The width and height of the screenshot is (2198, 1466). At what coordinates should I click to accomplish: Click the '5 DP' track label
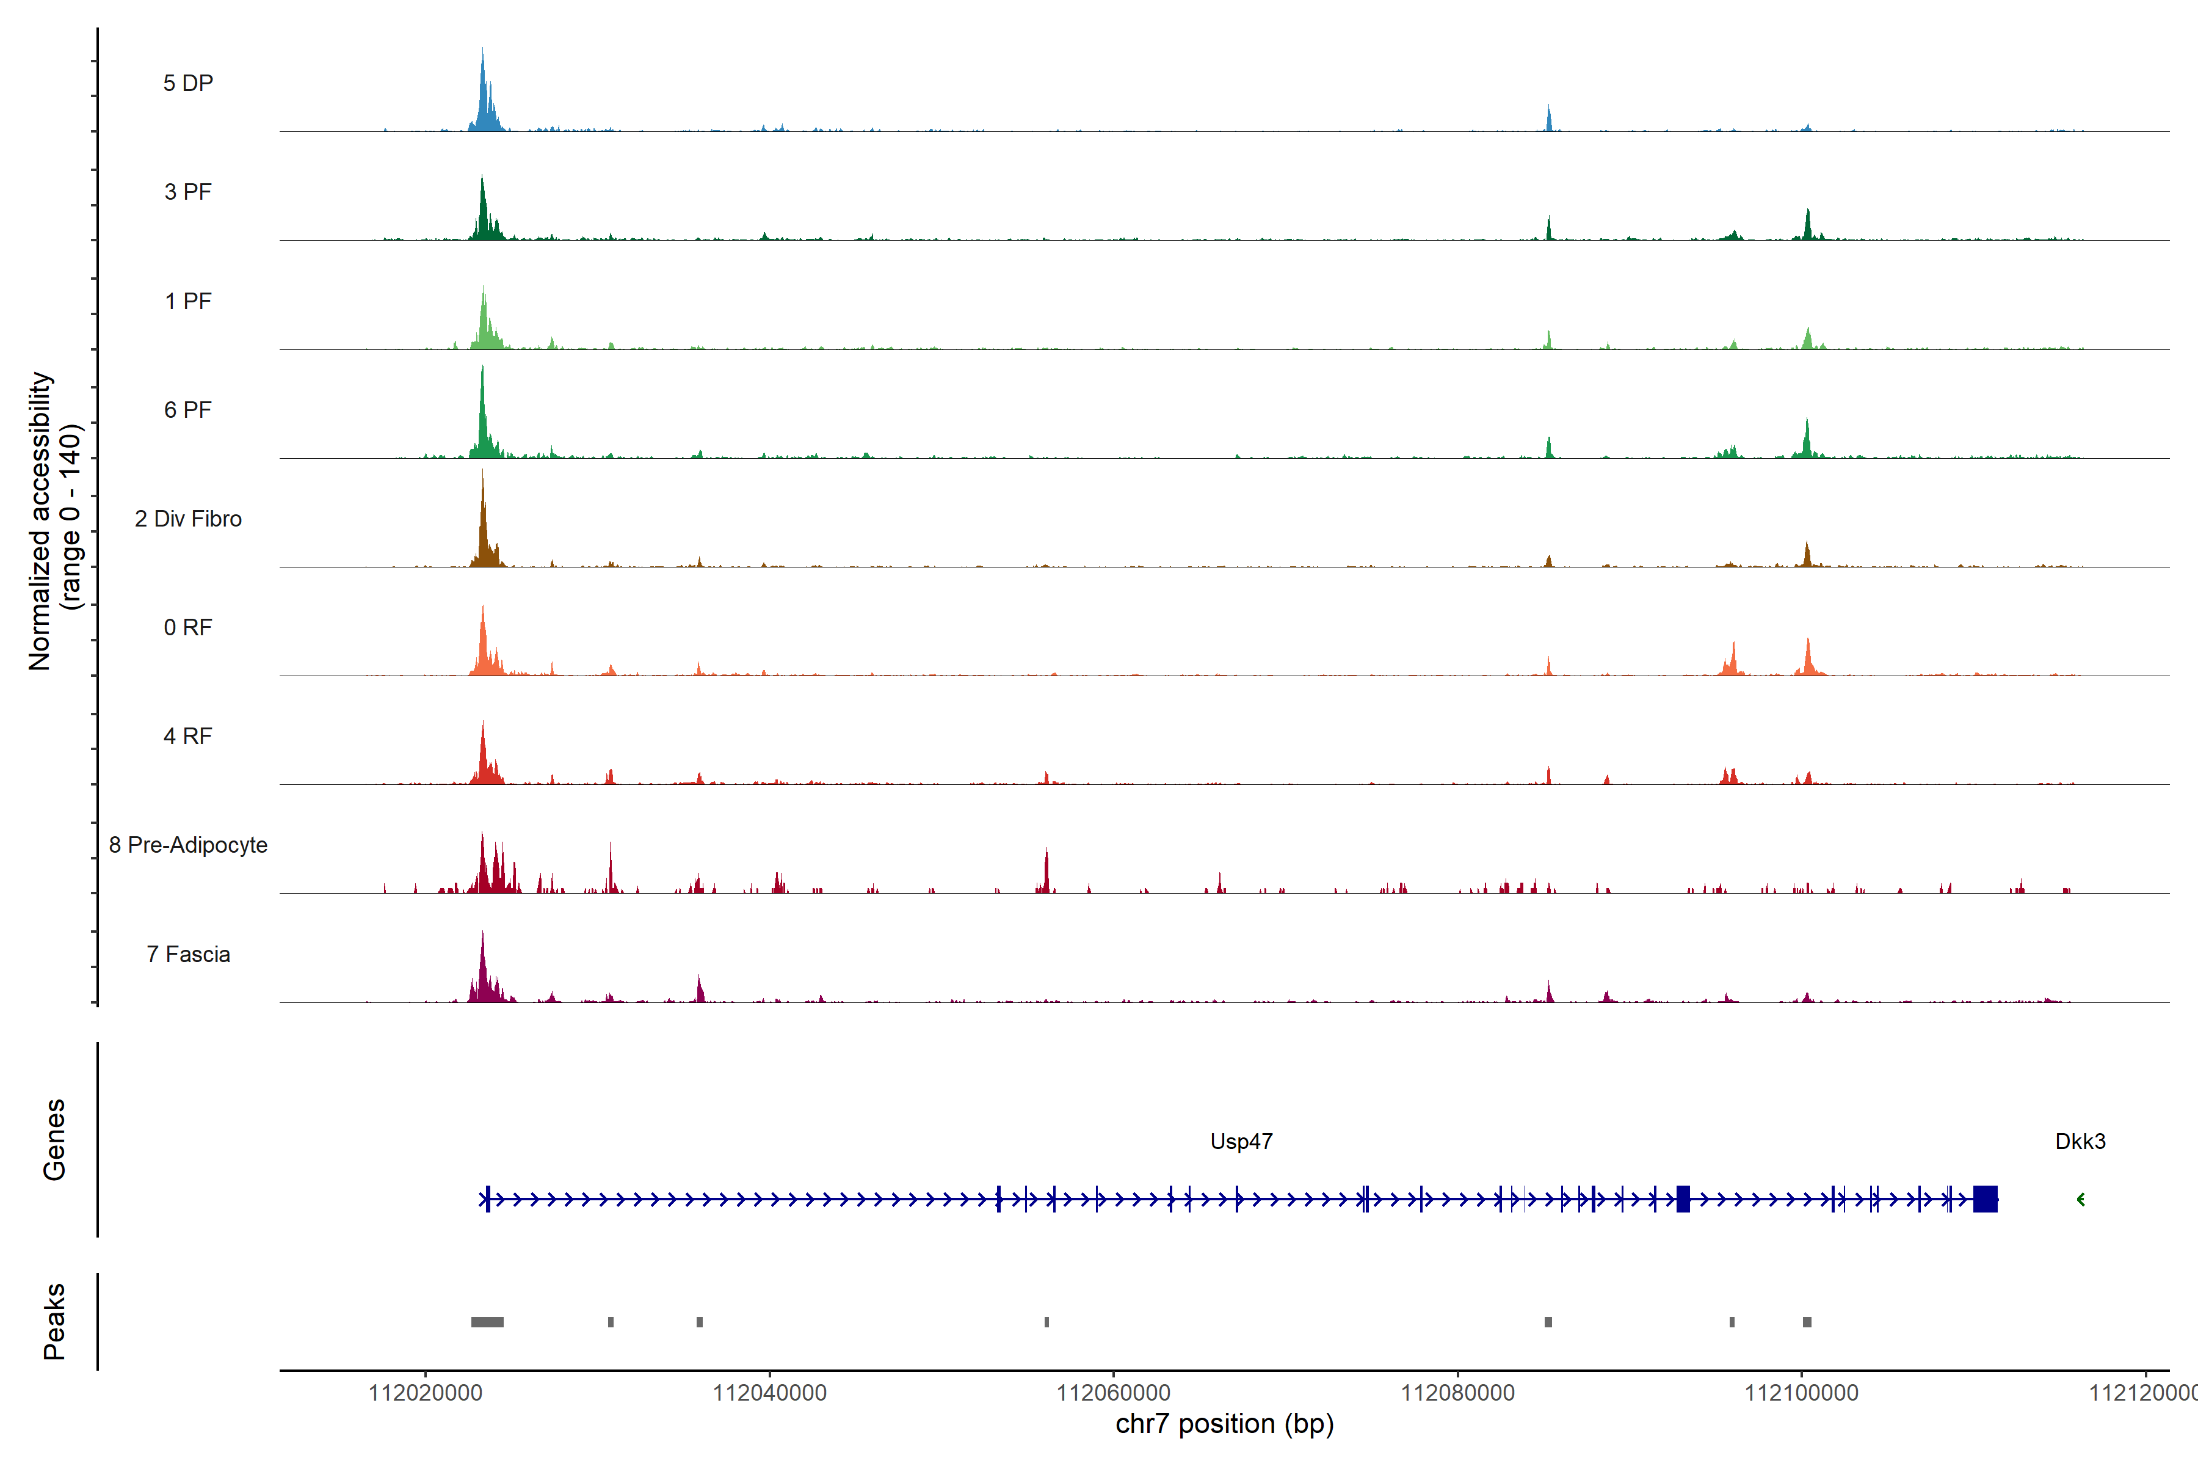point(188,83)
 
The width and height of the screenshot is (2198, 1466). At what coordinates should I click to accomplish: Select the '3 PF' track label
point(188,192)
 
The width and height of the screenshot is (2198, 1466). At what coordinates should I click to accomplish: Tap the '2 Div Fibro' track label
point(188,519)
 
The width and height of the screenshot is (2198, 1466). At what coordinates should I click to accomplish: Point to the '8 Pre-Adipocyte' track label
point(188,845)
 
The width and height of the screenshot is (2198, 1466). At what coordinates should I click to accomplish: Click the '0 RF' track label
point(188,627)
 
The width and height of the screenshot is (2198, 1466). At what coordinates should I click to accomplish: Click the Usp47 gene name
point(1241,1142)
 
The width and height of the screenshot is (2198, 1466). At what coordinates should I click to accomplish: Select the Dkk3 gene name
point(2080,1142)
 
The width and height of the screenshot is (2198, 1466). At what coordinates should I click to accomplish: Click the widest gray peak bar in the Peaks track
point(487,1322)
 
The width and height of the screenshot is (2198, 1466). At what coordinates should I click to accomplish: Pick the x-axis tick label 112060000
point(1113,1393)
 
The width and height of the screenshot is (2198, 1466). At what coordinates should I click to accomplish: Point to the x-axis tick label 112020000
point(425,1393)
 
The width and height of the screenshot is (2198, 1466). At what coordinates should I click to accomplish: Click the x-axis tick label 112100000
point(1801,1393)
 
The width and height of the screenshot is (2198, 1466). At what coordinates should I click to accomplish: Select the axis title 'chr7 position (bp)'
point(1224,1424)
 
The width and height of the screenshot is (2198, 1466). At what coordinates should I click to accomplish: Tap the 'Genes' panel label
point(54,1140)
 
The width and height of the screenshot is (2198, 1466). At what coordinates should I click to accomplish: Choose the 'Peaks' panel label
point(54,1321)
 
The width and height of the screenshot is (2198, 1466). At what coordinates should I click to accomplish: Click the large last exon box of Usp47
point(1985,1198)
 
